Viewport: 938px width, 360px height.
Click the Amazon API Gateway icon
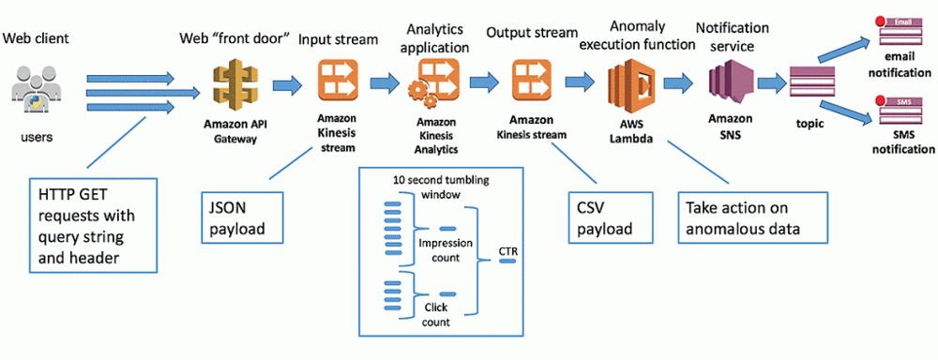click(235, 85)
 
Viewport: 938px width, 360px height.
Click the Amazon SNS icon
click(729, 86)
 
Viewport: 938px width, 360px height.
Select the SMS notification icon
click(904, 111)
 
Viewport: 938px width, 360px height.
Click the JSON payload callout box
click(241, 217)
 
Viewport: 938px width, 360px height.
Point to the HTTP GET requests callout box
click(93, 225)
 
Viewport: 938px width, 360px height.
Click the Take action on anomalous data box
click(752, 217)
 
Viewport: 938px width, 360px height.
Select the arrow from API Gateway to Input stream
click(288, 85)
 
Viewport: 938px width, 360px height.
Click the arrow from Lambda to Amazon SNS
click(679, 83)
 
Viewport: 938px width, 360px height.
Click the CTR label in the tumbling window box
click(507, 252)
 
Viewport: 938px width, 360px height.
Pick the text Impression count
click(446, 250)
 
